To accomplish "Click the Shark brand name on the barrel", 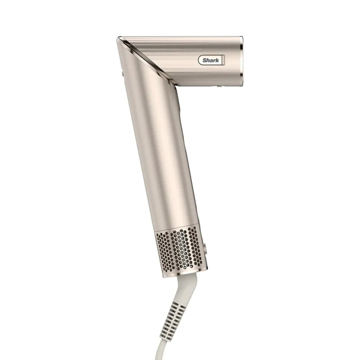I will (x=210, y=60).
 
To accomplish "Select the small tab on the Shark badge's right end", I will (x=223, y=60).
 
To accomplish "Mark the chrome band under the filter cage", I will (x=182, y=270).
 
